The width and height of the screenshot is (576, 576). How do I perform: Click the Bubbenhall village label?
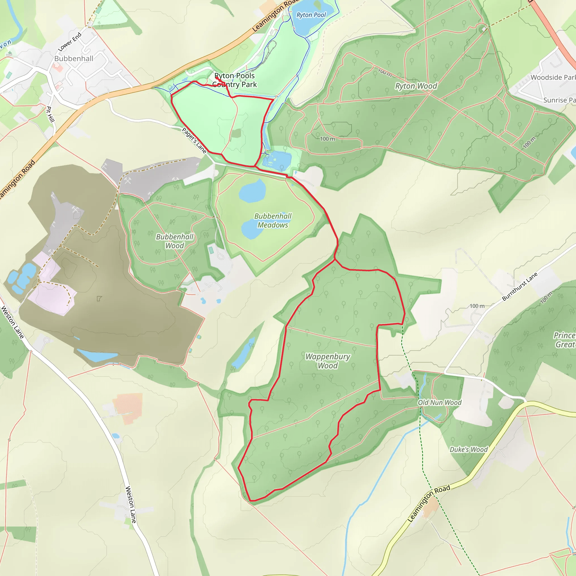click(74, 58)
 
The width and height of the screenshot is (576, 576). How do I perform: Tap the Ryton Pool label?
click(311, 15)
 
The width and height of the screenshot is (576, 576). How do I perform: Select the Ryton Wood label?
click(416, 86)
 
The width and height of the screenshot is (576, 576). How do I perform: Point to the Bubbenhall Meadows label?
click(273, 220)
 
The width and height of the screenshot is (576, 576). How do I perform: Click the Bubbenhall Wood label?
click(175, 241)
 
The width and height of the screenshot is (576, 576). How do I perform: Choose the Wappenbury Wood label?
click(328, 361)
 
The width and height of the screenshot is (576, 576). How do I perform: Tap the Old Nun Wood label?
click(440, 402)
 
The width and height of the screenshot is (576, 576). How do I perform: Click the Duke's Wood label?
click(468, 449)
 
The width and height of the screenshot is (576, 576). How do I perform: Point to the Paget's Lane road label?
click(194, 140)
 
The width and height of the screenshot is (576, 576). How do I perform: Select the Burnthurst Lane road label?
click(520, 286)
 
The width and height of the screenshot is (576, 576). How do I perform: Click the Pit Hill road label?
click(50, 114)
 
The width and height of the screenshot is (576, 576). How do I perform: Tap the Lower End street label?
click(69, 42)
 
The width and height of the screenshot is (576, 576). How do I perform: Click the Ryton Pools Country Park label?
click(234, 80)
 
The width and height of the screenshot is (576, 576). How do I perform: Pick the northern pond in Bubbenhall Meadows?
click(253, 191)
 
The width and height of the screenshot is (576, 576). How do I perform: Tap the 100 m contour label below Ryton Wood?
click(327, 139)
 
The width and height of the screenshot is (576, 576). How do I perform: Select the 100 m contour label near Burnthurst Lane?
click(477, 306)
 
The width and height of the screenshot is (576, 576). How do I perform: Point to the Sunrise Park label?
click(559, 100)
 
